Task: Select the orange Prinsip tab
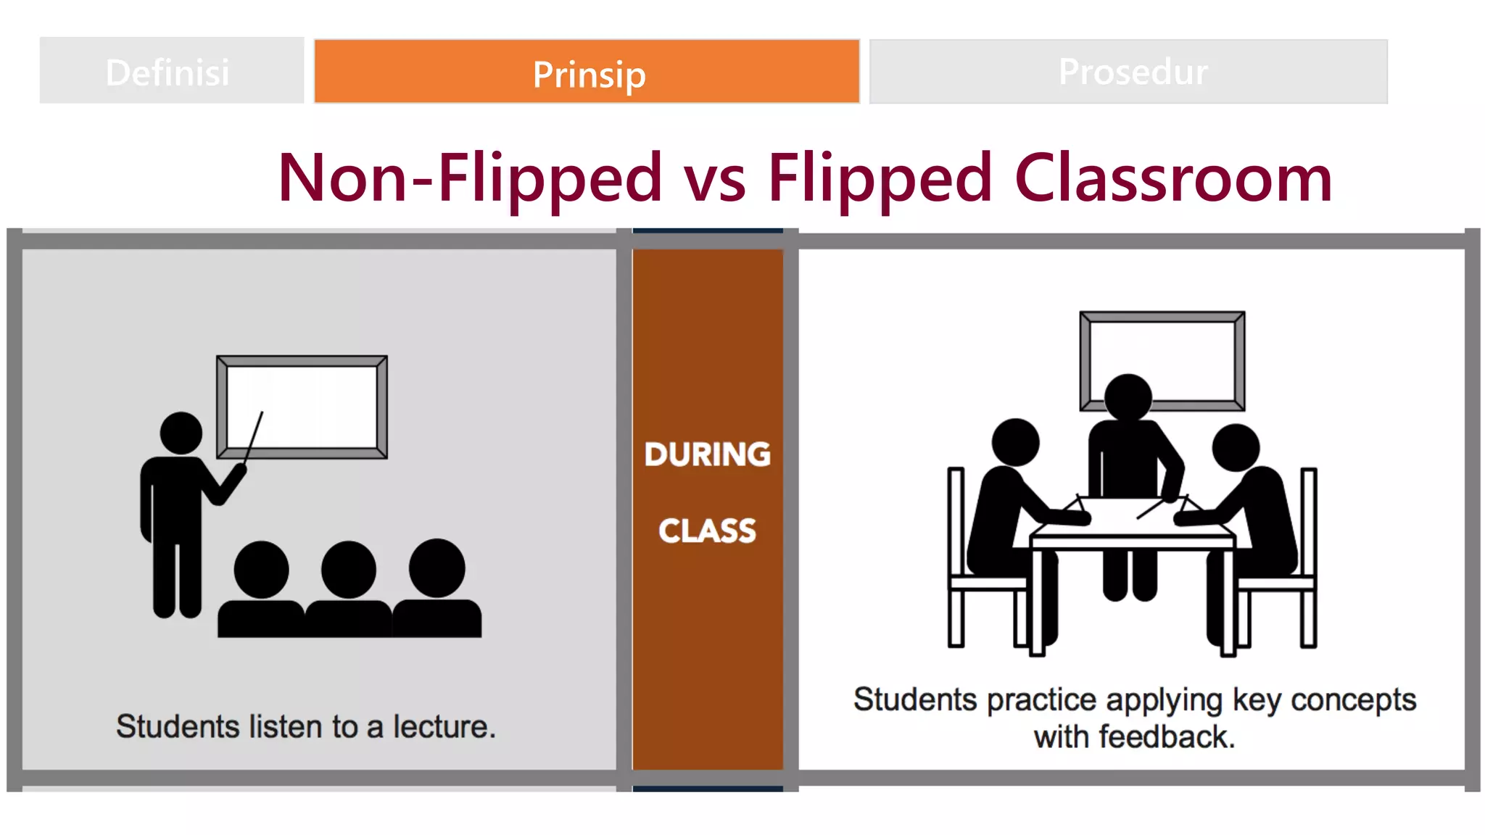click(x=587, y=73)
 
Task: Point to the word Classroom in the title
click(x=1172, y=179)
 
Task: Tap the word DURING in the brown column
click(x=707, y=454)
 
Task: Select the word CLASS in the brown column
click(x=707, y=531)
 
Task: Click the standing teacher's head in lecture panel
click(x=181, y=433)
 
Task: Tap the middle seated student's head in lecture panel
click(x=349, y=570)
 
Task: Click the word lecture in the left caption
click(x=443, y=727)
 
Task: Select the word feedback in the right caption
click(x=1165, y=737)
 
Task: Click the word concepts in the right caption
click(x=1353, y=700)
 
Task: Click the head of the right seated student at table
click(x=1236, y=447)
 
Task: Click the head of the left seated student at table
click(x=1015, y=442)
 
